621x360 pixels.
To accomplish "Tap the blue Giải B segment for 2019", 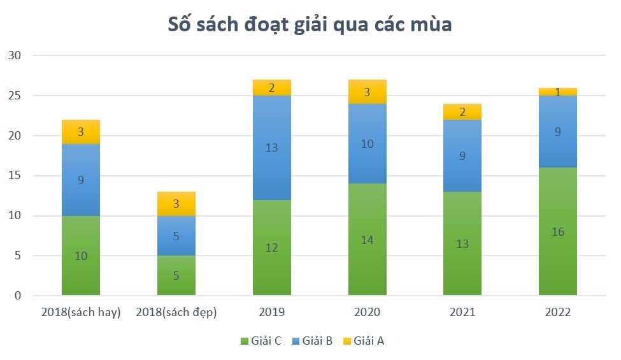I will pos(272,148).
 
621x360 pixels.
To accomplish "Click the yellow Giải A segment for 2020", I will pos(367,92).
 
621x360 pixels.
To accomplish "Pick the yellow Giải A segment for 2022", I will pos(557,92).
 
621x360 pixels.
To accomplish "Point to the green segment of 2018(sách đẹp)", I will pos(176,276).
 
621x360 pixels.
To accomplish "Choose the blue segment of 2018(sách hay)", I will pos(81,180).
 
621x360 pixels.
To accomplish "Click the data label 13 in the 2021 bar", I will pos(462,244).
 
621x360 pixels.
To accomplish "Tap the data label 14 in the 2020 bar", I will pos(367,240).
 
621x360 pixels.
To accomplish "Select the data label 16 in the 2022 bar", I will pos(557,232).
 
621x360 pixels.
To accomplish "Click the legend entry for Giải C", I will pos(262,341).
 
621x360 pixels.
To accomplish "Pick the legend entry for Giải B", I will pos(312,341).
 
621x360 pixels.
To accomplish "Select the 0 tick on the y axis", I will pos(17,296).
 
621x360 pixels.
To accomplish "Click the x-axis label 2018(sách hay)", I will pos(81,313).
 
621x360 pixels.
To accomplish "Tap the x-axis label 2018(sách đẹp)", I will pos(176,313).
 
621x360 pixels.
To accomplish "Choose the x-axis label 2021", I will pos(462,313).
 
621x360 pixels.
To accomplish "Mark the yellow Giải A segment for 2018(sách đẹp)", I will pos(176,204).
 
